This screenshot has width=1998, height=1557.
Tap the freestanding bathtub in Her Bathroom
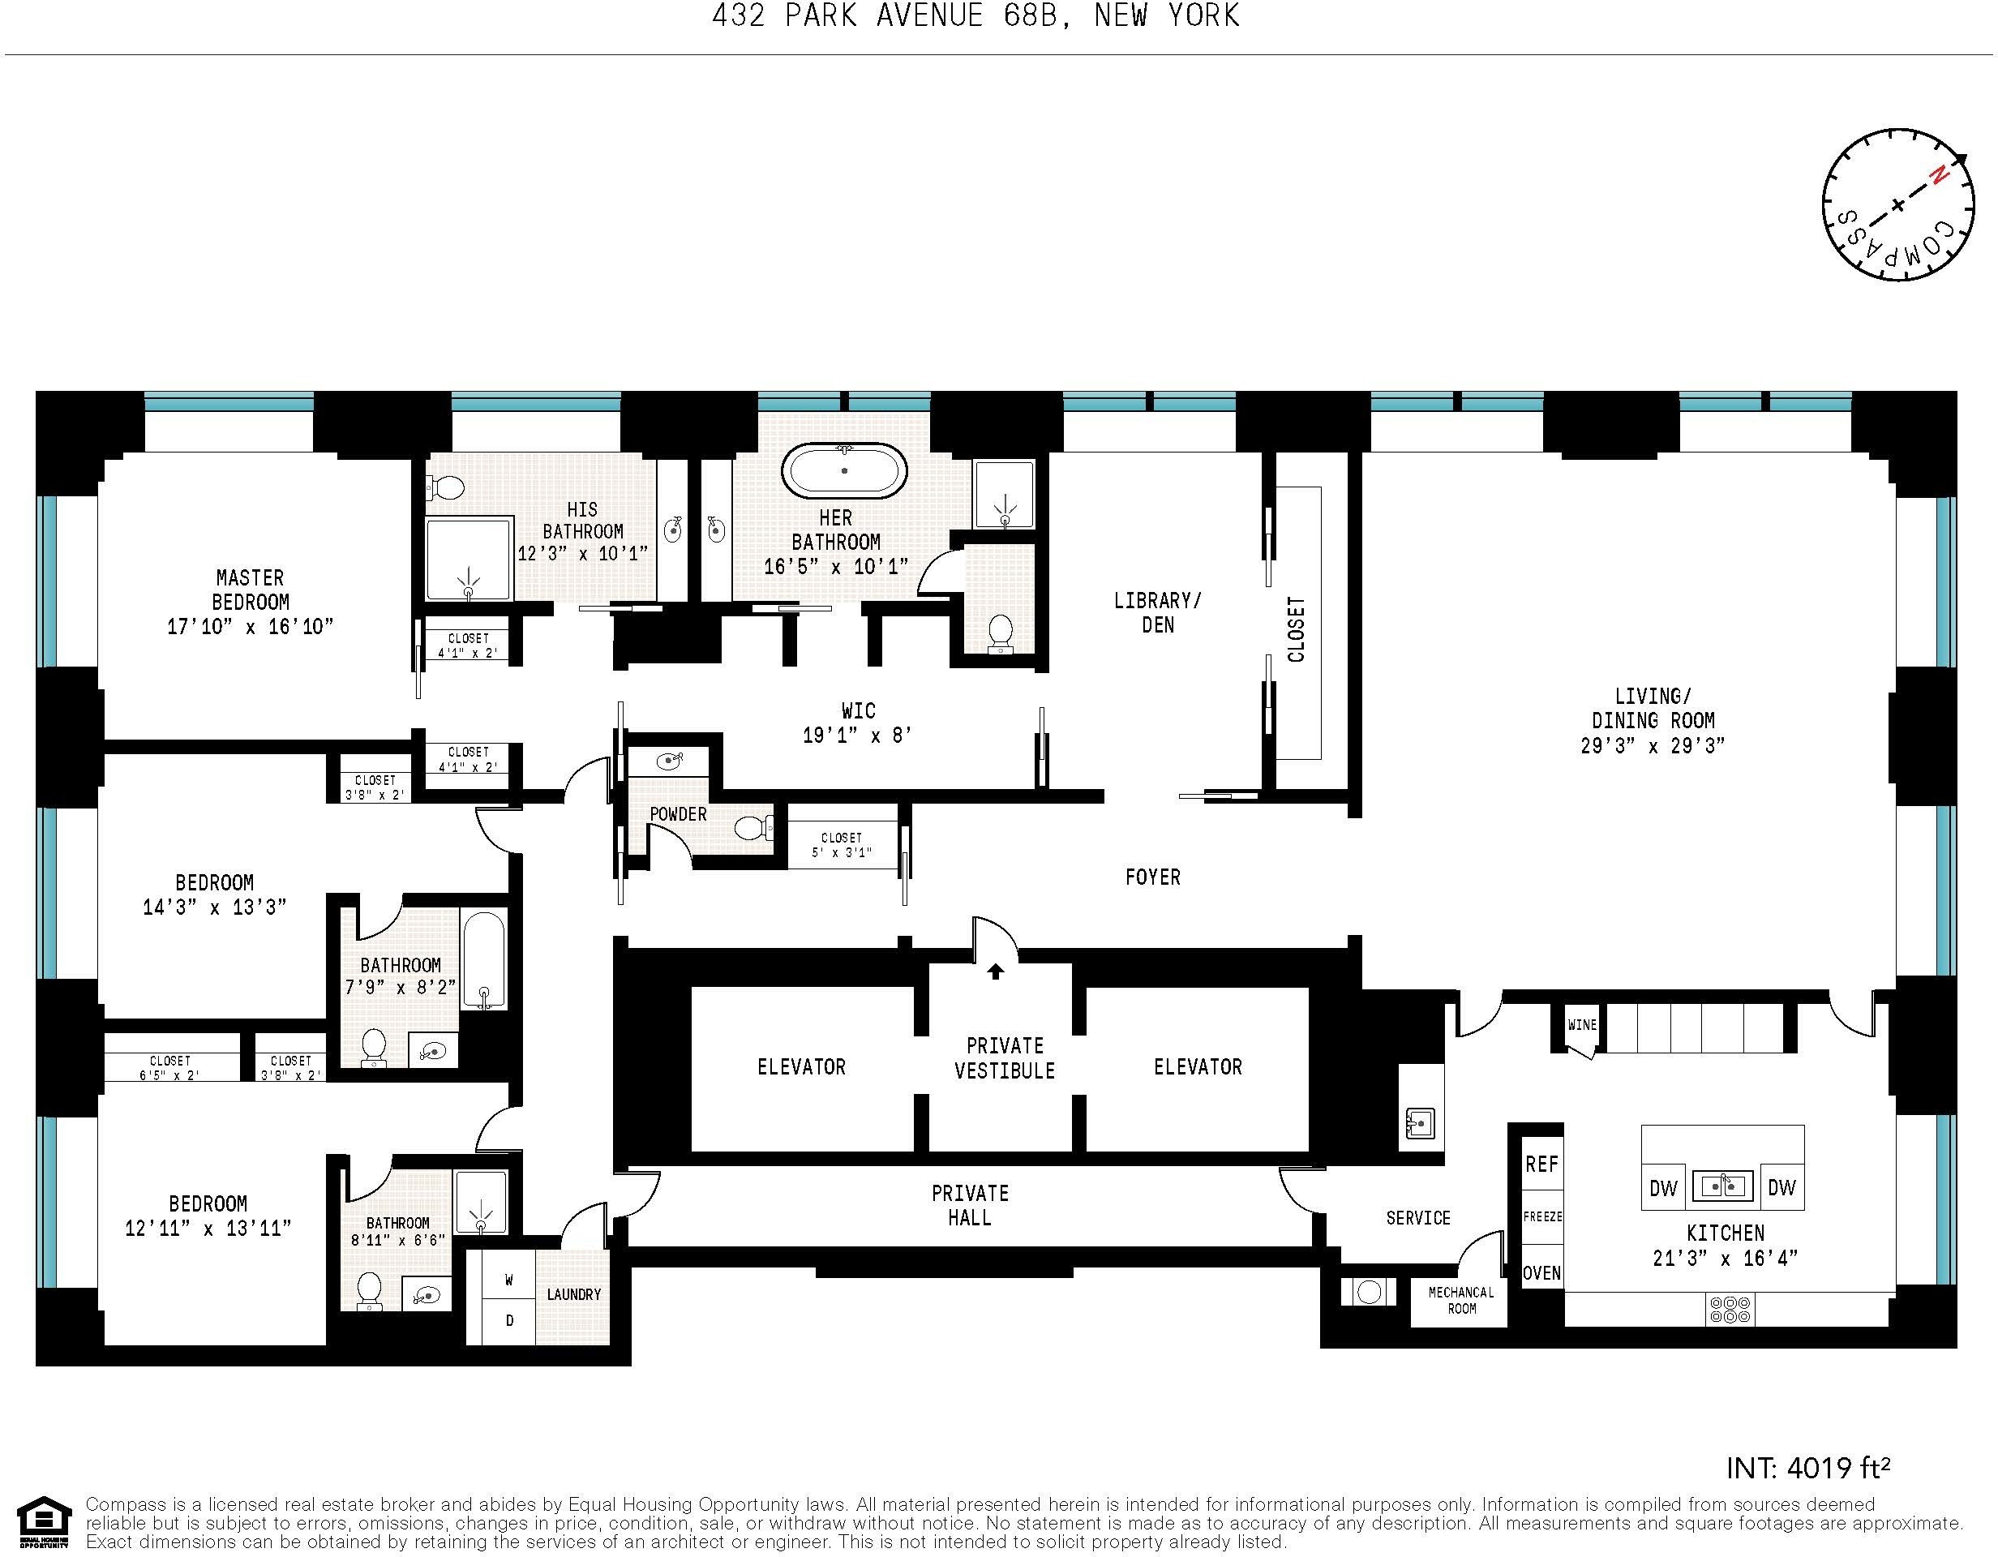[843, 471]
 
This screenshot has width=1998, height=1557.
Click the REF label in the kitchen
[1541, 1164]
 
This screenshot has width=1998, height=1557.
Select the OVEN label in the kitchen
[1541, 1272]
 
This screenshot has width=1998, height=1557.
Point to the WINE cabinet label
[1582, 1024]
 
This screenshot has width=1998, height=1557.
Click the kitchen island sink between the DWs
[1722, 1186]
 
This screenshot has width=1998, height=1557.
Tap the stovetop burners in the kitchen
[1729, 1310]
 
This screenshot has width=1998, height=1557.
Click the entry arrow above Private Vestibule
[995, 972]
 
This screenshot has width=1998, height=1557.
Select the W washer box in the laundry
[509, 1280]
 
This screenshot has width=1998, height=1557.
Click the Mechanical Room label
[1461, 1300]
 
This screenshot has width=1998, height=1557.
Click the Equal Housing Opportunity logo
[44, 1521]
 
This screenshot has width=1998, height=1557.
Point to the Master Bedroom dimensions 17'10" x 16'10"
[250, 627]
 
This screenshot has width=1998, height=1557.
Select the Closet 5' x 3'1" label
[842, 845]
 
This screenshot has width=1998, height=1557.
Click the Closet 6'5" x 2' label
[170, 1067]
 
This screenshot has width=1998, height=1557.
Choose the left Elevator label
[801, 1066]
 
